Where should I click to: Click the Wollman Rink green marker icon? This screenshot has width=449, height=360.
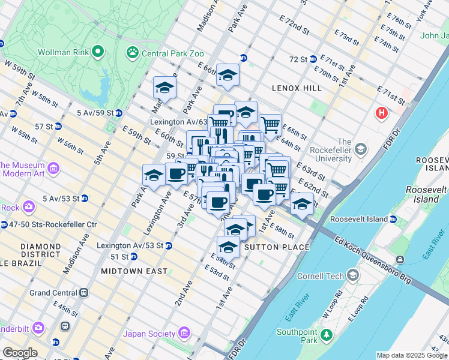pyautogui.click(x=98, y=52)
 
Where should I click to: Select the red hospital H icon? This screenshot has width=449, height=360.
pyautogui.click(x=381, y=112)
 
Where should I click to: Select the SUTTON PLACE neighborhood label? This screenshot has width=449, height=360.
pyautogui.click(x=275, y=247)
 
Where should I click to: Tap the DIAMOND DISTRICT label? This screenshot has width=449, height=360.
pyautogui.click(x=41, y=251)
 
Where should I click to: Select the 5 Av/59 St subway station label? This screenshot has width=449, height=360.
pyautogui.click(x=95, y=112)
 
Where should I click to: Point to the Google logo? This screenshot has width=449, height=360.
pyautogui.click(x=20, y=353)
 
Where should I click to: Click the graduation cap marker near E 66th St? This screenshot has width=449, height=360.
pyautogui.click(x=228, y=76)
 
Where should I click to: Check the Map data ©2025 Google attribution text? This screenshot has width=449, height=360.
pyautogui.click(x=412, y=355)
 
